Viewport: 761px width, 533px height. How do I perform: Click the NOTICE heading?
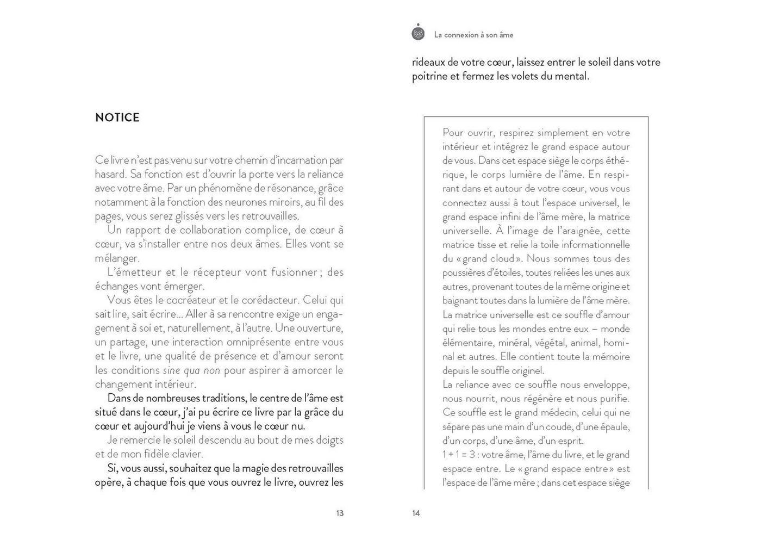click(x=117, y=117)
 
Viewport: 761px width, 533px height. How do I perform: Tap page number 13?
click(x=340, y=513)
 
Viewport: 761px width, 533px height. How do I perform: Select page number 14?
click(x=416, y=513)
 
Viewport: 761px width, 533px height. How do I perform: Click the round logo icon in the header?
click(x=418, y=33)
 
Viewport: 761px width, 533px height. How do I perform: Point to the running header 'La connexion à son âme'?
click(x=473, y=35)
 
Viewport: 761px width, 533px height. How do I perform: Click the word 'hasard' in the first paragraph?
click(x=110, y=175)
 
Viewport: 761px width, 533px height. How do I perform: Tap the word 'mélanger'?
click(x=116, y=258)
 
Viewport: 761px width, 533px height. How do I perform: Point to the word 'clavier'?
click(x=186, y=454)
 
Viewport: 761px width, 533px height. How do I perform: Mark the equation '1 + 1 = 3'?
click(x=459, y=455)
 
